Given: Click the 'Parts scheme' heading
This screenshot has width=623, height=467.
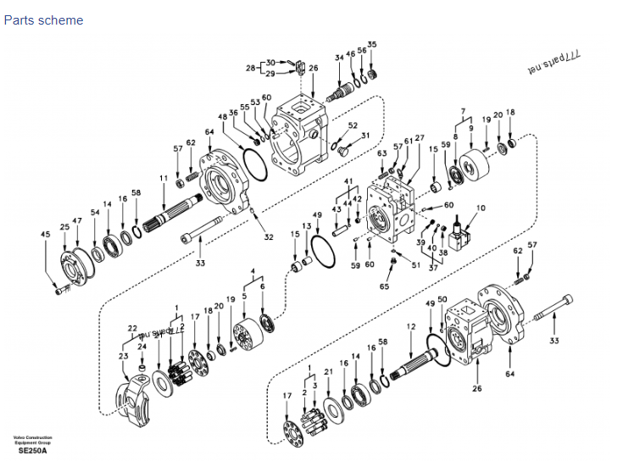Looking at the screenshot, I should [x=43, y=19].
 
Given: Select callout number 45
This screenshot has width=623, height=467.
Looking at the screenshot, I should [x=45, y=234].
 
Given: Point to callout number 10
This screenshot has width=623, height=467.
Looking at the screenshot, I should [x=481, y=208].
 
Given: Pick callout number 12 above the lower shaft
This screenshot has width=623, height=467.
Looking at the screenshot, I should [x=411, y=326].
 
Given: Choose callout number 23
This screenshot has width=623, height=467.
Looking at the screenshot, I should [x=124, y=357].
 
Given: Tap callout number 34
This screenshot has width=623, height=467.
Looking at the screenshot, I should [x=339, y=58].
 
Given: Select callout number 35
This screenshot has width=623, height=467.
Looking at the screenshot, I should [x=372, y=44].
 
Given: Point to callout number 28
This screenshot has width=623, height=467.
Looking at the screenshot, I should [x=251, y=68].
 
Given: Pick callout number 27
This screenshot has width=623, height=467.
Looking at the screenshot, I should [x=420, y=137].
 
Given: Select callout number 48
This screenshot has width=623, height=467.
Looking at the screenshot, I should [x=223, y=117].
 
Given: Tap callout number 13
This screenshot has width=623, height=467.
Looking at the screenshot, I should [x=307, y=226].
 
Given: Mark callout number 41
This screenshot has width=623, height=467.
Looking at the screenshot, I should [x=348, y=182].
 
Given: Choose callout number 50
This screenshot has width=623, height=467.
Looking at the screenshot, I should [x=442, y=300].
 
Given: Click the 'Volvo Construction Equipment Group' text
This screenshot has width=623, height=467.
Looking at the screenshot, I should [x=33, y=439].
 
